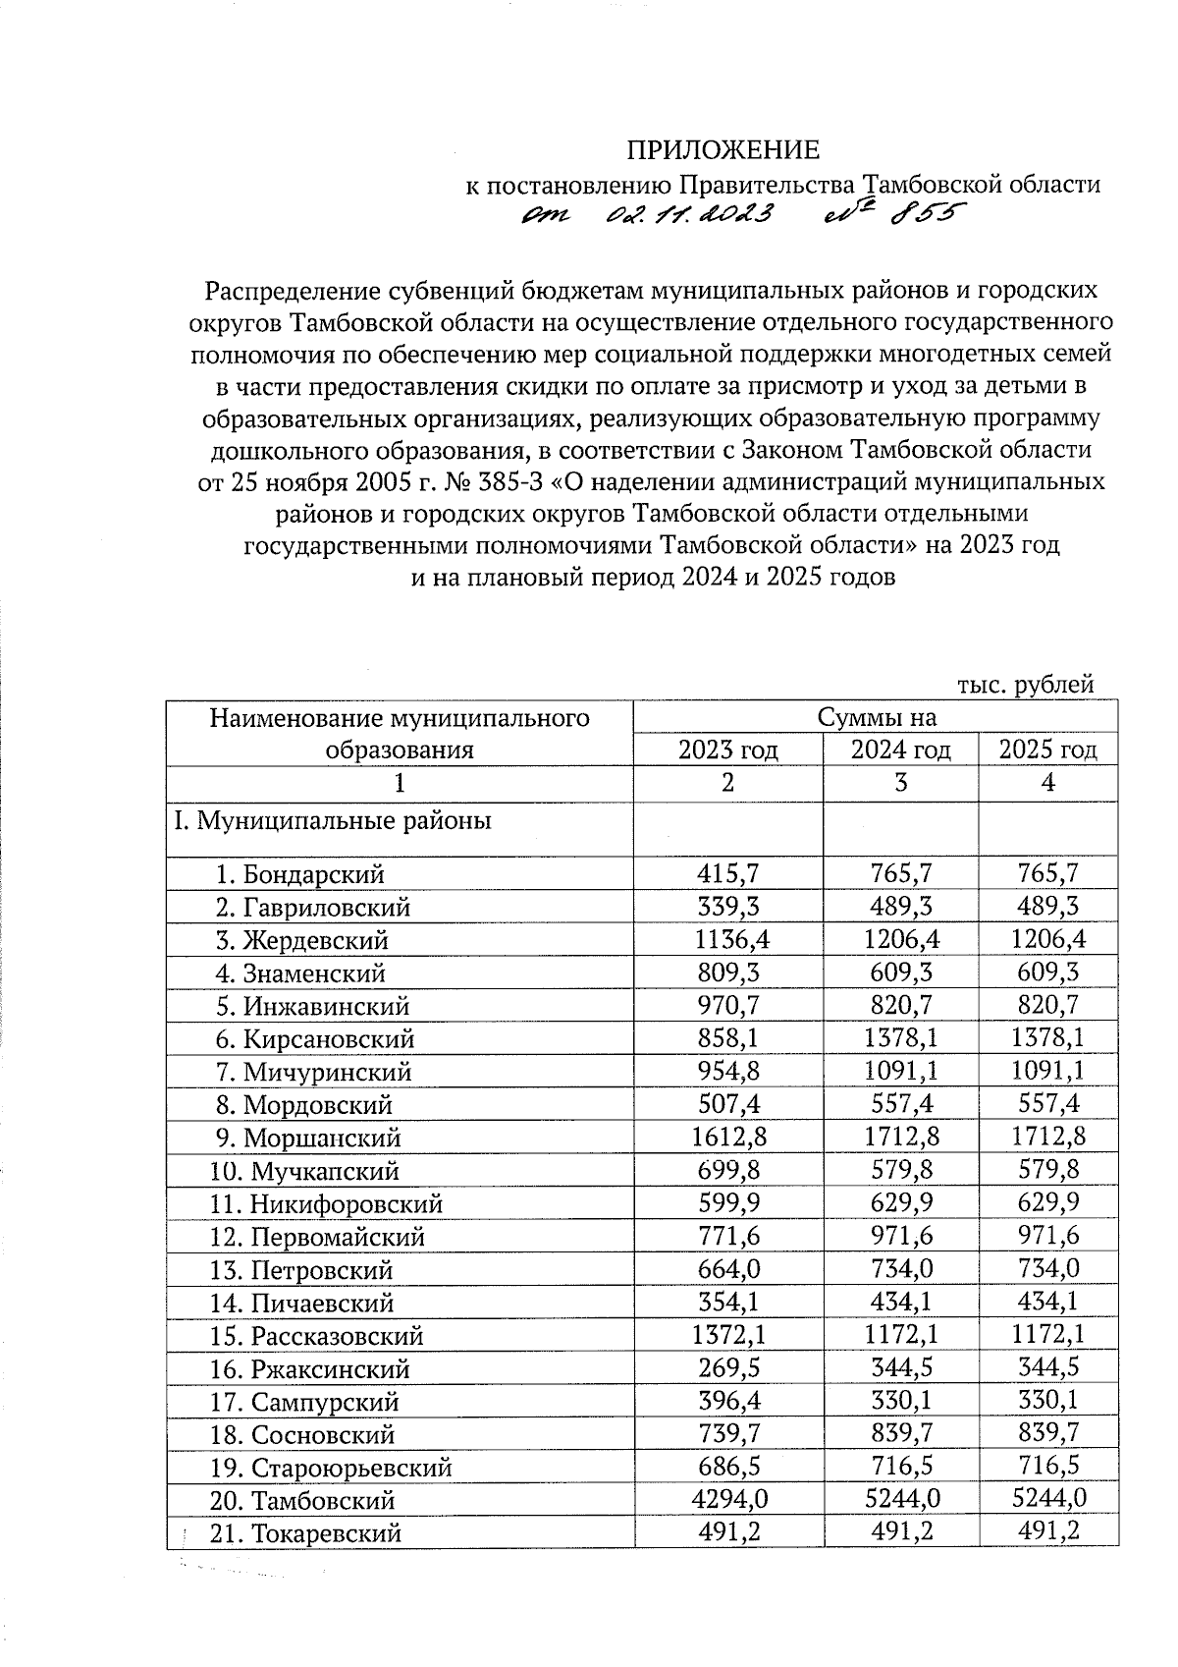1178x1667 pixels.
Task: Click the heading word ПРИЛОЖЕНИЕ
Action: point(723,150)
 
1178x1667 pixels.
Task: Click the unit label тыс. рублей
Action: point(1025,685)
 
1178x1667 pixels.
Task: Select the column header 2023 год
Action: point(727,750)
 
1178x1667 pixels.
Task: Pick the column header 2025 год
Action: point(1047,750)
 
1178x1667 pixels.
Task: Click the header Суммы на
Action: point(878,718)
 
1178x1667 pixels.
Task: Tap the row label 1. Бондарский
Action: point(300,874)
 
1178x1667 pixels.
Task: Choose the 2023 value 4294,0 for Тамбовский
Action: point(727,1500)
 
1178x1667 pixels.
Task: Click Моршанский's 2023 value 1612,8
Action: point(727,1138)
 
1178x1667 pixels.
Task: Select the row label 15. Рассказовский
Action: point(316,1336)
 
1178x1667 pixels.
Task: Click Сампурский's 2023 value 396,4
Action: point(727,1402)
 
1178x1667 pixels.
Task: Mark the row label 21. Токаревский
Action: point(305,1533)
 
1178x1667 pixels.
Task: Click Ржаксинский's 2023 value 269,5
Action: point(727,1368)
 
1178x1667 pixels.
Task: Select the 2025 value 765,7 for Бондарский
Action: point(1047,873)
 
